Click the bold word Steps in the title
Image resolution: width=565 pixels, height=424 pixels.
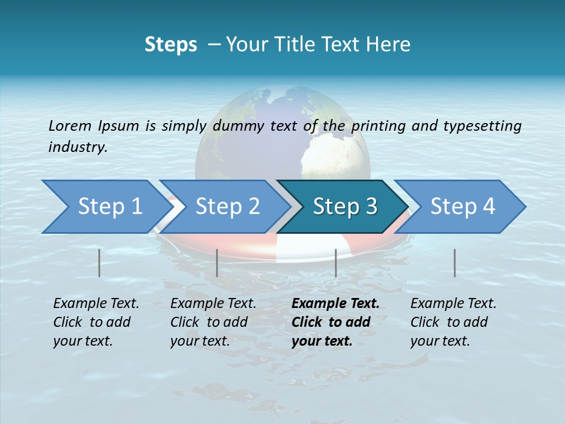pyautogui.click(x=171, y=45)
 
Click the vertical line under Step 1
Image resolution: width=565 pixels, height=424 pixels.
pyautogui.click(x=99, y=263)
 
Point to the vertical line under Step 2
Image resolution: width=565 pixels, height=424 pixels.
pyautogui.click(x=217, y=263)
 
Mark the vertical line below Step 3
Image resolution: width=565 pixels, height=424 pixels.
pyautogui.click(x=335, y=263)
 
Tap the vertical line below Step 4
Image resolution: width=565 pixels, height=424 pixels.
pyautogui.click(x=455, y=263)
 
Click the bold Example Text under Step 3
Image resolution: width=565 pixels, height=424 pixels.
pyautogui.click(x=335, y=304)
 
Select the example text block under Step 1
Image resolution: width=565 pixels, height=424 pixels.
pyautogui.click(x=96, y=322)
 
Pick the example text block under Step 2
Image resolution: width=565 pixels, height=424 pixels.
pyautogui.click(x=213, y=322)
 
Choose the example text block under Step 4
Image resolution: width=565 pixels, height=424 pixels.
pyautogui.click(x=453, y=322)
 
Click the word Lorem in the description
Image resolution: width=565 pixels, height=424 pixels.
pyautogui.click(x=71, y=126)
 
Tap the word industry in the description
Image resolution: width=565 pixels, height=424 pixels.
pyautogui.click(x=78, y=147)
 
